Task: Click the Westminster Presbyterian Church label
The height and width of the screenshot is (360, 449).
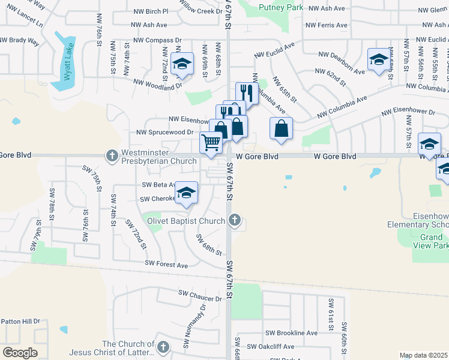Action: (x=159, y=156)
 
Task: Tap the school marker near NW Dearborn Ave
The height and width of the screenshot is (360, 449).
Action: (x=378, y=59)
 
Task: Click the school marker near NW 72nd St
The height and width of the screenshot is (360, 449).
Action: (x=181, y=63)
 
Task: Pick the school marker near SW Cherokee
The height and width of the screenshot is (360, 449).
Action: (x=187, y=193)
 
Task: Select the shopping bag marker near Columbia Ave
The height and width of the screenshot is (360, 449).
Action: (x=281, y=128)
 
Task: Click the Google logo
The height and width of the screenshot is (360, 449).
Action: (x=20, y=353)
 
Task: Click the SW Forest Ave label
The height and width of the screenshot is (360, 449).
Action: (x=166, y=265)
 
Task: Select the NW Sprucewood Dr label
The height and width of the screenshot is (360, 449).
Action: (x=164, y=132)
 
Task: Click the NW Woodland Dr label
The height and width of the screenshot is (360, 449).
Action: (x=157, y=84)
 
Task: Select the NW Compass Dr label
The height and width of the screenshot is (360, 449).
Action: (x=157, y=40)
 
